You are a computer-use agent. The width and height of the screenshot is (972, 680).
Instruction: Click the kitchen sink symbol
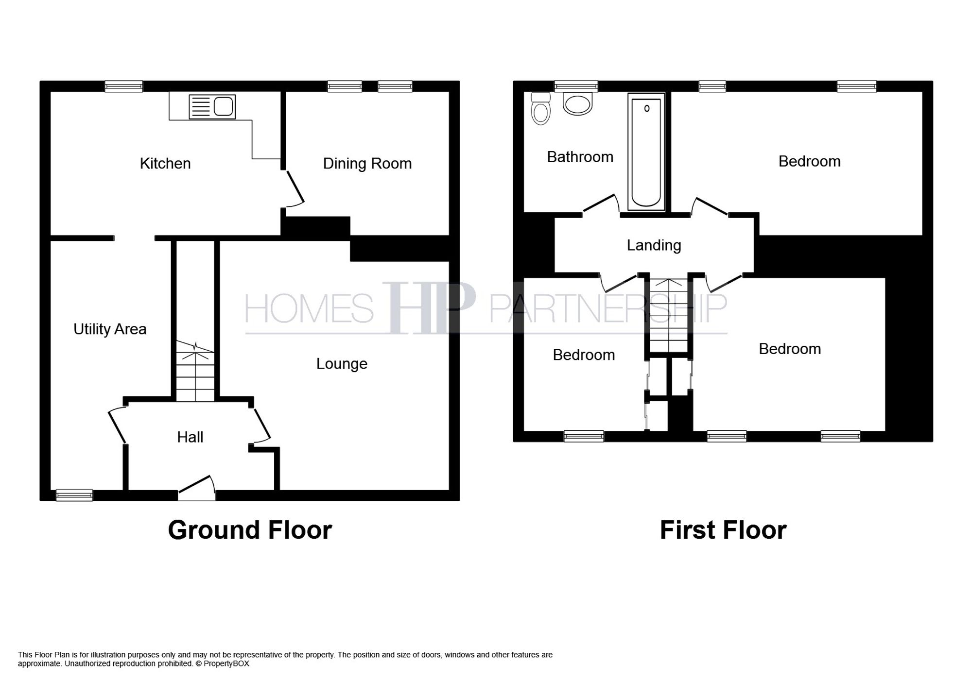click(212, 107)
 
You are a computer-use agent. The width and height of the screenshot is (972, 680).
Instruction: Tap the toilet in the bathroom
click(541, 109)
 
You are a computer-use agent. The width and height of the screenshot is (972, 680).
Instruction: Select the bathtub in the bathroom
click(646, 152)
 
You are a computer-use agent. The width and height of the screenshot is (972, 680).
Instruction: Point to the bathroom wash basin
click(577, 104)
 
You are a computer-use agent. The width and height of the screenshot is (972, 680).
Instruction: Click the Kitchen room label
click(165, 164)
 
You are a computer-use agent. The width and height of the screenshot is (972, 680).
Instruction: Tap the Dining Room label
click(367, 164)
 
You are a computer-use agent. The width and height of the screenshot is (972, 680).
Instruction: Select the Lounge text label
click(342, 364)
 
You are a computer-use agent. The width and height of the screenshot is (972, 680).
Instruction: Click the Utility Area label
click(110, 329)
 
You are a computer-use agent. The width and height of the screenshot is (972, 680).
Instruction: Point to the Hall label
click(190, 437)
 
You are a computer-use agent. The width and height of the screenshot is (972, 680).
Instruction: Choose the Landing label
click(654, 245)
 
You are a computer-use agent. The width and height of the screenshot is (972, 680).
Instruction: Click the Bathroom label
click(580, 157)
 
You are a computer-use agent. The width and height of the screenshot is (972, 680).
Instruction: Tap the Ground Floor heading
click(250, 530)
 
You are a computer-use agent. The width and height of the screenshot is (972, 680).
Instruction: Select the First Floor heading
click(723, 530)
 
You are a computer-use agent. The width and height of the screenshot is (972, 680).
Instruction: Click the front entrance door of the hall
click(197, 487)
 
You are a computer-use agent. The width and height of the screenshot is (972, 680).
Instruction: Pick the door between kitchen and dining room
click(294, 188)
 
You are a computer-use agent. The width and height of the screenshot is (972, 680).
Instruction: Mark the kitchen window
click(124, 86)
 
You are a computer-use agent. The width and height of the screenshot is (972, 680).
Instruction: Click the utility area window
click(74, 495)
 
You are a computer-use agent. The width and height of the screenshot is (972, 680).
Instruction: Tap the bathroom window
click(576, 86)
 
